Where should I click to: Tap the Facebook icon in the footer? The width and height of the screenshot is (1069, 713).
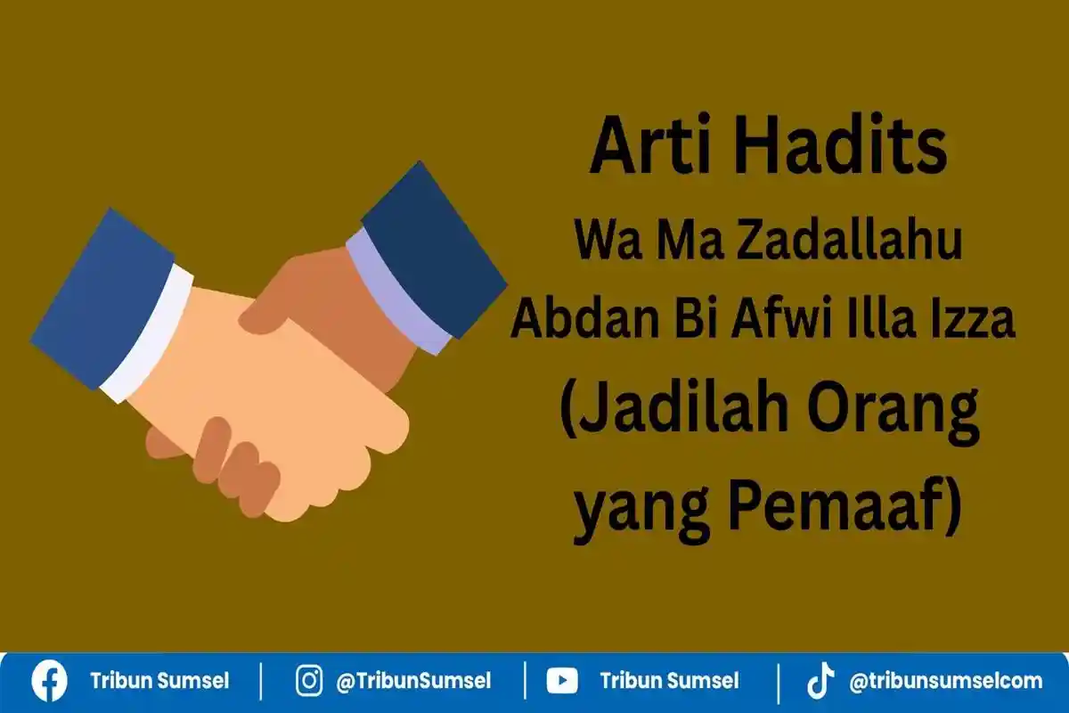click(x=49, y=682)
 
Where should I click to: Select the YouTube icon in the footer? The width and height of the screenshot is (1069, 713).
click(x=561, y=682)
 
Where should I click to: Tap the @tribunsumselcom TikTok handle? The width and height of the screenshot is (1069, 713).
click(x=945, y=682)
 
